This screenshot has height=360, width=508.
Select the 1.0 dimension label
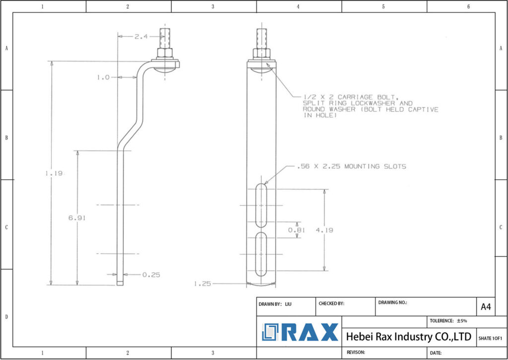(103, 77)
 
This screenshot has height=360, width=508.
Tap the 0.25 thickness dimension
(151, 275)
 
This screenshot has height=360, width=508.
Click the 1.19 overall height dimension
(52, 173)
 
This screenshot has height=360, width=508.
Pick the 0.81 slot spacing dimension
(297, 230)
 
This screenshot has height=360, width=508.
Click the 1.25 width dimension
(202, 284)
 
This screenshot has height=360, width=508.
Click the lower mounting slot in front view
(260, 254)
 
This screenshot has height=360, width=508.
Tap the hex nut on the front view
(261, 53)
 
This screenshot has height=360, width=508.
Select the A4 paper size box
(486, 307)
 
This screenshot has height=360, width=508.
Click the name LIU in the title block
(288, 303)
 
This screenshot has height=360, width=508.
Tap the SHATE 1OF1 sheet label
(490, 338)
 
